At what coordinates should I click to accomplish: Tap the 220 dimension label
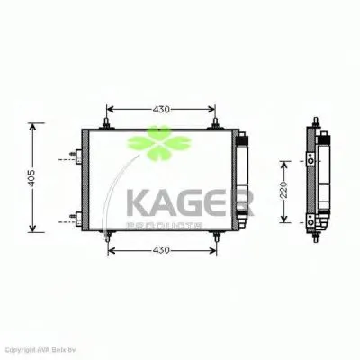tap(282, 189)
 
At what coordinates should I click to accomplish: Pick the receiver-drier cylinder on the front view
tap(242, 180)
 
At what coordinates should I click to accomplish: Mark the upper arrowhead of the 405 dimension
tap(33, 125)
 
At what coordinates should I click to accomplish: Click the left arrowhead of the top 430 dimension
tap(112, 110)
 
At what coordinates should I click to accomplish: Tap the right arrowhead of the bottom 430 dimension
tap(213, 249)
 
